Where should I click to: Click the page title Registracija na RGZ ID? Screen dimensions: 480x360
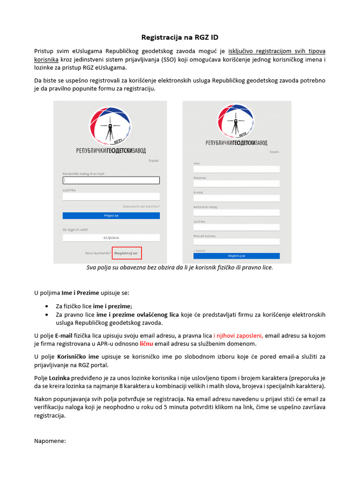coord(180,37)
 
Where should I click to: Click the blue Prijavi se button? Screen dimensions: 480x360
coord(111,216)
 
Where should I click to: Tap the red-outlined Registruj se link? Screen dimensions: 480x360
coord(127,253)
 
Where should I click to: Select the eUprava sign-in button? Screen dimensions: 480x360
coord(111,238)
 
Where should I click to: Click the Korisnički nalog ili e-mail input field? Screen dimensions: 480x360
coord(111,180)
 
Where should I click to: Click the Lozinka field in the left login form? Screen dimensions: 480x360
coord(111,197)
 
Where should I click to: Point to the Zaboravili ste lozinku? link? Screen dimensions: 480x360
coord(141,206)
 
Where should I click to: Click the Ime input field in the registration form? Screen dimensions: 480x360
coord(236,169)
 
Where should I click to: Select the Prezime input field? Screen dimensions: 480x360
coord(236,184)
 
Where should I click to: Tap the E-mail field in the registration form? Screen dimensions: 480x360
coord(236,198)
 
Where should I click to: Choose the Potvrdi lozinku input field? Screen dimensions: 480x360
coord(236,242)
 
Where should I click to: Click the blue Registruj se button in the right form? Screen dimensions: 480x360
coord(236,256)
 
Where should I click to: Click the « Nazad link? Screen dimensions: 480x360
coord(199,251)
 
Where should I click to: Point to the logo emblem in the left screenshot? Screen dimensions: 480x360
coord(111,125)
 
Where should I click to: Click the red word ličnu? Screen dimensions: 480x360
coord(146,344)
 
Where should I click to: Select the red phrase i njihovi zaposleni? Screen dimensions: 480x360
coord(238,336)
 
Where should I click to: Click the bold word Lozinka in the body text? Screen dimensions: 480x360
coord(59,378)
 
